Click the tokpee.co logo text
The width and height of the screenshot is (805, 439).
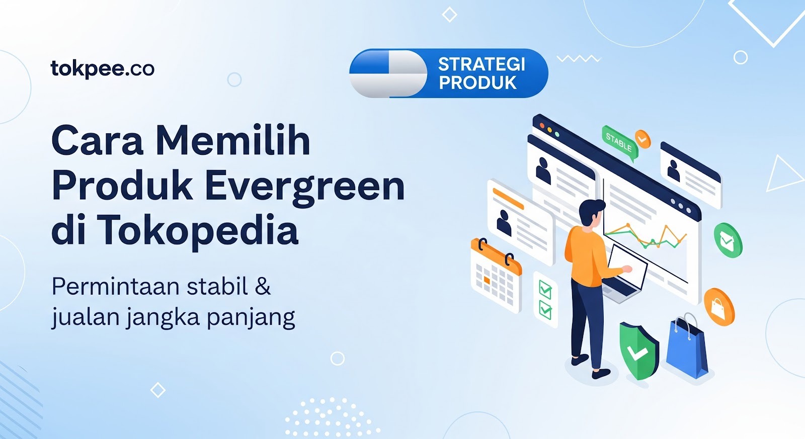tap(103, 69)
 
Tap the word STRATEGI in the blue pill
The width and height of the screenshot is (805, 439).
tap(481, 64)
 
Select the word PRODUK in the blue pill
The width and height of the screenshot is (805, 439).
tap(477, 83)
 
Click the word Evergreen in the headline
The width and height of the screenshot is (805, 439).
tap(305, 187)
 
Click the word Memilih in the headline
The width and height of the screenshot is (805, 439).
tap(233, 141)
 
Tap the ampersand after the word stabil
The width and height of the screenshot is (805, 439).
tap(263, 287)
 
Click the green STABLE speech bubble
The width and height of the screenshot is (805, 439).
tap(619, 143)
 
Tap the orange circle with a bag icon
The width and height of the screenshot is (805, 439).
tap(719, 306)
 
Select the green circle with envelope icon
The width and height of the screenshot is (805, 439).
tap(728, 240)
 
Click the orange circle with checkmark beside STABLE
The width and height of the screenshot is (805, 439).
tap(642, 138)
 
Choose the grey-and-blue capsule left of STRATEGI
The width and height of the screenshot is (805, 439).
tap(388, 73)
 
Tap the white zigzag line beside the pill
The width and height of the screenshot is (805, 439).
tap(579, 59)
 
